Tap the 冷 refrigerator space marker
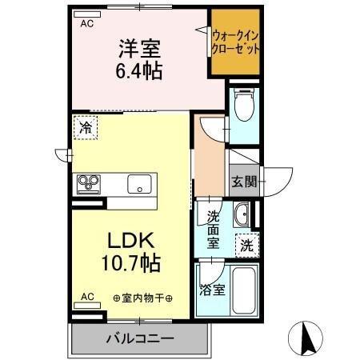pyautogui.click(x=85, y=126)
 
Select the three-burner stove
pyautogui.click(x=88, y=184)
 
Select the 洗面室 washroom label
pyautogui.click(x=214, y=229)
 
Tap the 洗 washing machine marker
pyautogui.click(x=247, y=246)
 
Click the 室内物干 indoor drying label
pyautogui.click(x=148, y=298)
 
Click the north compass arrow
pyautogui.click(x=305, y=339)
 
